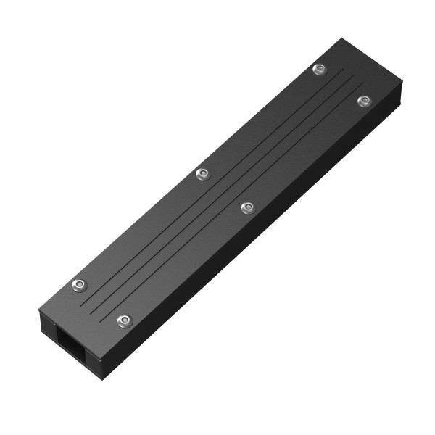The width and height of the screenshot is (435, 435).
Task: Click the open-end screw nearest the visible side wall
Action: (124, 320)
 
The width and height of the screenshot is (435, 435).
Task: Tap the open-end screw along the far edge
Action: (78, 284)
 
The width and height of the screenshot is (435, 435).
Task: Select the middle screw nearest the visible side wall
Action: (246, 208)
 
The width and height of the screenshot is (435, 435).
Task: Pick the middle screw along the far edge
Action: (202, 173)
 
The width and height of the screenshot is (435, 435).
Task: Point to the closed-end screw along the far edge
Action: (319, 69)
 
